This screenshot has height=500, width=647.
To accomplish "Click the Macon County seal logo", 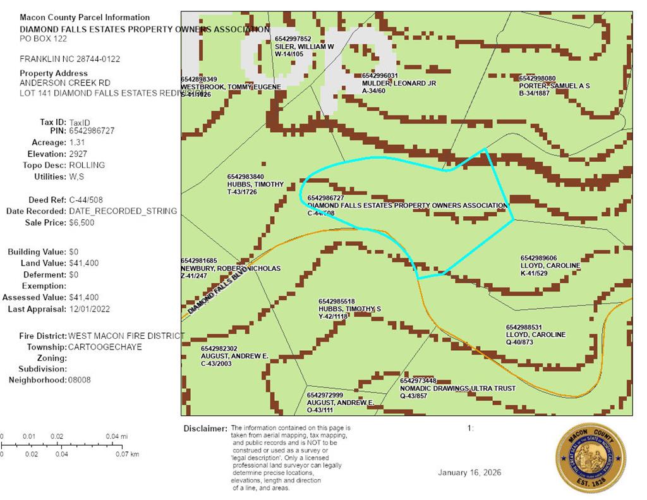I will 590,458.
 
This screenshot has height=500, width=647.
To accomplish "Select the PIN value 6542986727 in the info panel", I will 92,131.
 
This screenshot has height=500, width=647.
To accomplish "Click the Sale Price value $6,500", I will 82,223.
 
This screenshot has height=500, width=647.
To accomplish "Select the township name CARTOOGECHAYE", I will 106,347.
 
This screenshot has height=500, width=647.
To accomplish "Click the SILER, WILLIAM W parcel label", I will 304,47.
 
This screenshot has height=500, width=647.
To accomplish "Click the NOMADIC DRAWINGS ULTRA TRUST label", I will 457,388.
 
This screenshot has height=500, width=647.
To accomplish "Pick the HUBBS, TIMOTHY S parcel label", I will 349,308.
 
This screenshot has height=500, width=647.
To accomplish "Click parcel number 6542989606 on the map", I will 538,258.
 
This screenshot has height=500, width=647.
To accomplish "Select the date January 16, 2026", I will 470,473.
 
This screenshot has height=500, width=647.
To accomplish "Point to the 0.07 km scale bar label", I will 131,454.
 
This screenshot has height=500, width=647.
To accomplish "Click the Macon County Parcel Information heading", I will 85,17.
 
